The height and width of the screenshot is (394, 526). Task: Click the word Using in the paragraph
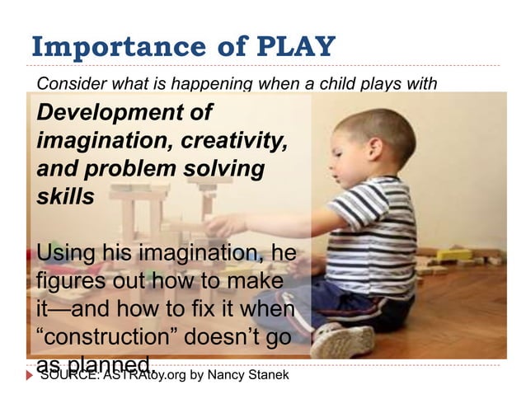pyautogui.click(x=68, y=251)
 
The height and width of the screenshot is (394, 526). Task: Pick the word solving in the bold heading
pyautogui.click(x=223, y=169)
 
